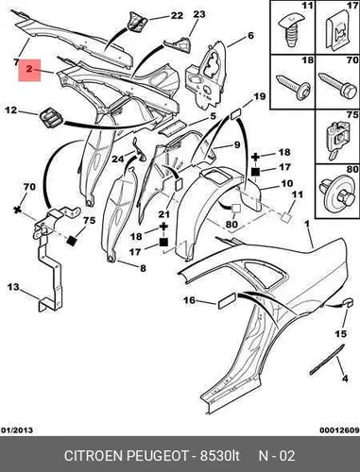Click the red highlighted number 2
click(x=29, y=69)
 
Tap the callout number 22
click(x=177, y=15)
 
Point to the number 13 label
click(x=13, y=287)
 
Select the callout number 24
click(x=118, y=160)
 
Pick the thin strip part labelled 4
click(x=327, y=359)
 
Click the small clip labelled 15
click(x=347, y=303)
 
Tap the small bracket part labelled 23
click(x=181, y=45)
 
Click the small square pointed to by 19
click(x=236, y=114)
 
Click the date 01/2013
click(x=17, y=430)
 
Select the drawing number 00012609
click(x=339, y=430)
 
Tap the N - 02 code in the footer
click(x=277, y=456)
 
